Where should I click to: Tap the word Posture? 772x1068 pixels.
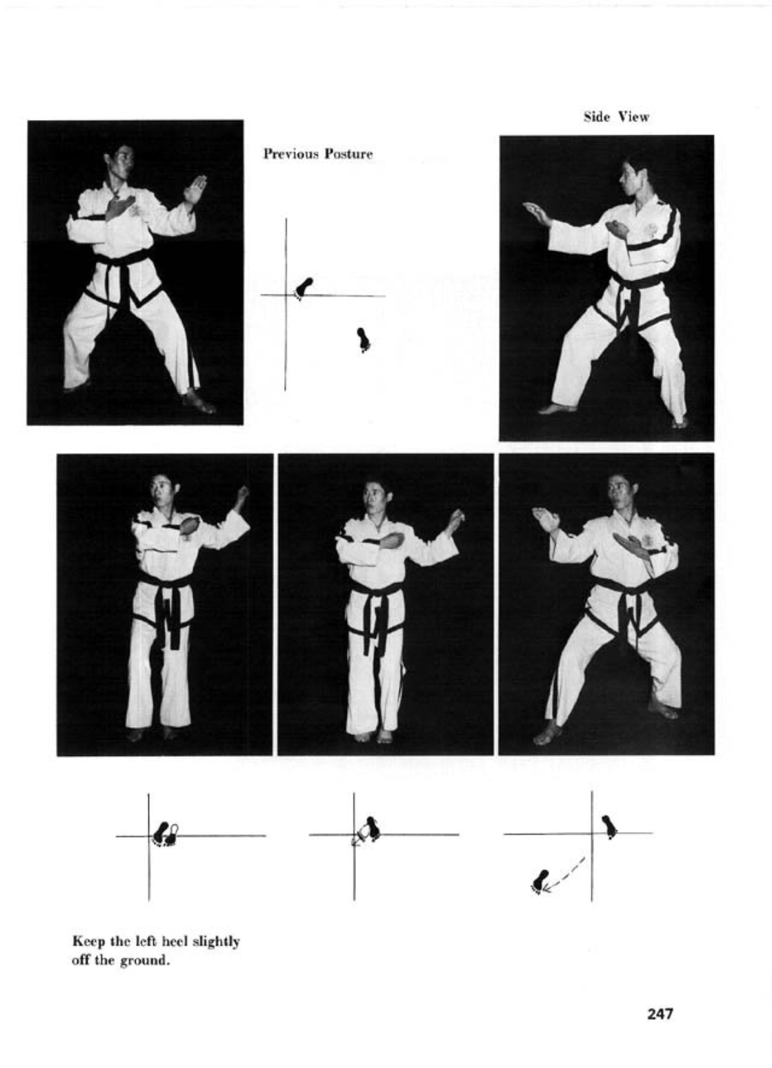pyautogui.click(x=348, y=154)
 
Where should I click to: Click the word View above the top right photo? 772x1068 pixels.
pyautogui.click(x=634, y=117)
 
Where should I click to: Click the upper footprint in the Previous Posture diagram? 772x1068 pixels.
pyautogui.click(x=304, y=288)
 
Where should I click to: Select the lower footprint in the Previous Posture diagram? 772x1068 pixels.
pyautogui.click(x=364, y=340)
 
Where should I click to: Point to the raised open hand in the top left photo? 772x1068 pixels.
pyautogui.click(x=195, y=189)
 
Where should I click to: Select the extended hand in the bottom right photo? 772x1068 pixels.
pyautogui.click(x=546, y=518)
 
